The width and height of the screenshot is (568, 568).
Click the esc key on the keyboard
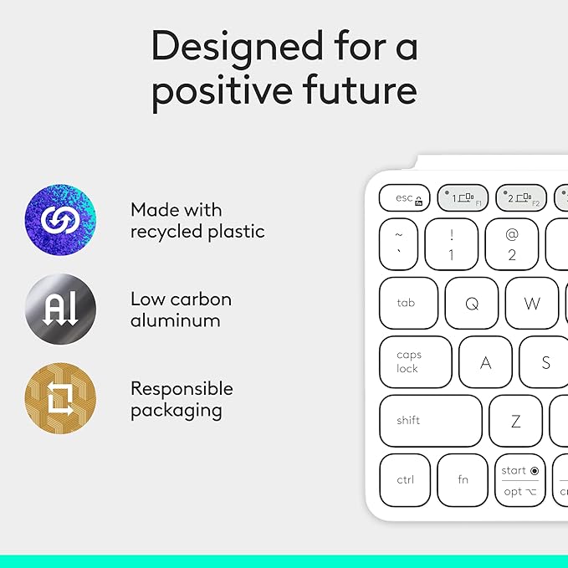[x=404, y=198]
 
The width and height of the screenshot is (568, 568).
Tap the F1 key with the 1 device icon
[x=463, y=198]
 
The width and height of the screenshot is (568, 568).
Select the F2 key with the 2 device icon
[x=520, y=198]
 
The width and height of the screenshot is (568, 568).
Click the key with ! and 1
[x=452, y=244]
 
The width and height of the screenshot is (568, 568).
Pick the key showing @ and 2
[x=512, y=244]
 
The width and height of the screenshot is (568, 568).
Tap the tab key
[x=407, y=303]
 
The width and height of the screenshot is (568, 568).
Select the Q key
[x=472, y=303]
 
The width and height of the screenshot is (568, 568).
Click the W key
[x=532, y=303]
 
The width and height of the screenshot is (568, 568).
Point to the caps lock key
[x=415, y=361]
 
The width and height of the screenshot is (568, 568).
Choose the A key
[x=485, y=361]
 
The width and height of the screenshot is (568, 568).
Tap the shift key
[x=430, y=420]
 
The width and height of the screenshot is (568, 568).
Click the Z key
[x=515, y=420]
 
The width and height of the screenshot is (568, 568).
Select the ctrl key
[x=405, y=479]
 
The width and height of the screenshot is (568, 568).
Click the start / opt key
[x=519, y=480]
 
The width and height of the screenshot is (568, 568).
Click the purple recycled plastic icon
[x=60, y=220]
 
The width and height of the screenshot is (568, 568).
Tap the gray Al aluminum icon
[x=60, y=309]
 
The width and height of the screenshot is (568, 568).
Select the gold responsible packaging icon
[x=60, y=398]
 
